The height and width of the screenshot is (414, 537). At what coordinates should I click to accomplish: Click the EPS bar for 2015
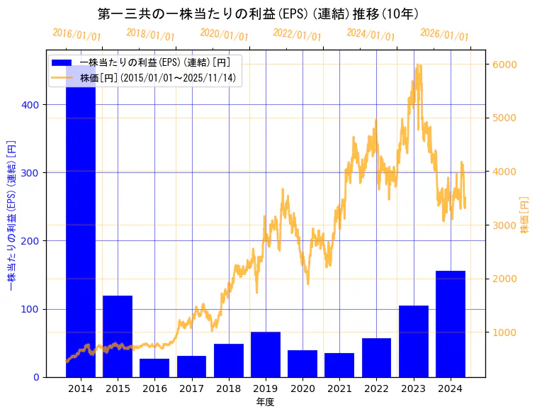(x=118, y=336)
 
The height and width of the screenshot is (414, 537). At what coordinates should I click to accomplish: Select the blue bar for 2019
(x=266, y=354)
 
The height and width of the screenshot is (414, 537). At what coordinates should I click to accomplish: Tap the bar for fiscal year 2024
(x=451, y=323)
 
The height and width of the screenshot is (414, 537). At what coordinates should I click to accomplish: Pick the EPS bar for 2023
(x=414, y=341)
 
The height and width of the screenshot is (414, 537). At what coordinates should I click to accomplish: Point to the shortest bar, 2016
(x=154, y=368)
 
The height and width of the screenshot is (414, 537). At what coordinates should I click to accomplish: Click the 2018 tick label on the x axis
(x=229, y=388)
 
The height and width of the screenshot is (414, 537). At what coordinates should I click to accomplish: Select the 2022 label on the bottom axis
(x=376, y=388)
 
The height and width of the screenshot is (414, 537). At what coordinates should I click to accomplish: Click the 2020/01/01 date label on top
(x=224, y=34)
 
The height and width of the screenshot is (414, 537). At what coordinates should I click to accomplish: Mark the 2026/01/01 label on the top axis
(x=444, y=34)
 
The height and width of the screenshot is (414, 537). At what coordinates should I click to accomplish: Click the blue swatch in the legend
(x=63, y=62)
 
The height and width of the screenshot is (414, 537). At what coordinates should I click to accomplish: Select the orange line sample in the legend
(x=63, y=77)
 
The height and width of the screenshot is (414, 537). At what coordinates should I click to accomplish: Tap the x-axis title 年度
(x=265, y=401)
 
